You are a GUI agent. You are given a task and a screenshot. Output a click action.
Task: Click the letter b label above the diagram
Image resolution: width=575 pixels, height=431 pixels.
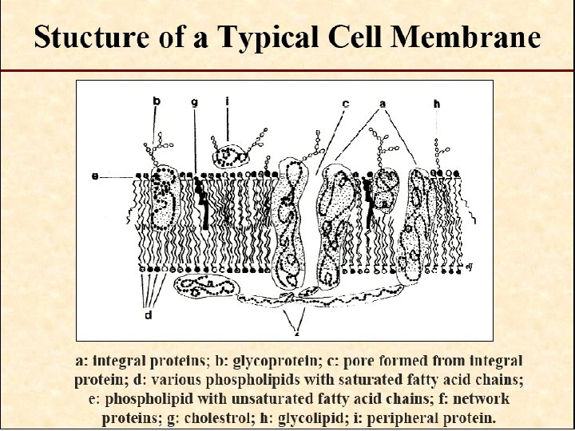157,101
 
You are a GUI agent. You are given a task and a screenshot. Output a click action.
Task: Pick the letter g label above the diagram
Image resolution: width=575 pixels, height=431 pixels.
194,102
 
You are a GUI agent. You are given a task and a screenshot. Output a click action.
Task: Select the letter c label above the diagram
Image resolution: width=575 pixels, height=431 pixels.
345,103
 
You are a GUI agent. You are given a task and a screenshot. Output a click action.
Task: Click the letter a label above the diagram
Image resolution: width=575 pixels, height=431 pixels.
383,103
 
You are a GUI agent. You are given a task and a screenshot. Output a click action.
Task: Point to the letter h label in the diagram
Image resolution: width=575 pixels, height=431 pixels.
437,103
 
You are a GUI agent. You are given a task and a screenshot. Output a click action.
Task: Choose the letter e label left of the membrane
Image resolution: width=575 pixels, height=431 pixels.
95,176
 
